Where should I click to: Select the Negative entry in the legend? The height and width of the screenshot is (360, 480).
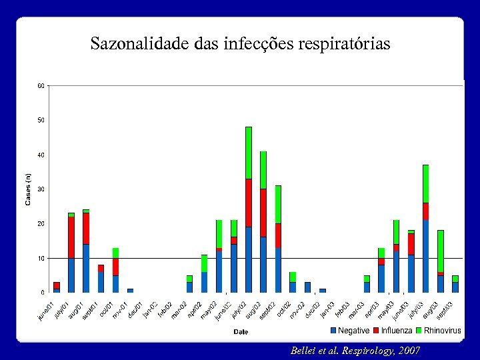pyautogui.click(x=353, y=331)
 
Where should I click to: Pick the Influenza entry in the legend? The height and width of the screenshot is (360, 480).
pyautogui.click(x=396, y=331)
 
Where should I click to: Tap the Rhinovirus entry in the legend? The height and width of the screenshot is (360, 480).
pyautogui.click(x=442, y=331)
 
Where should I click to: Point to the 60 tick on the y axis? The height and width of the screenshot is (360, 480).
pyautogui.click(x=41, y=86)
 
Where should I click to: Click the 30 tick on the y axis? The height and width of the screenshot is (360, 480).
pyautogui.click(x=41, y=189)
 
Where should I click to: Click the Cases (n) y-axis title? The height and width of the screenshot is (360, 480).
pyautogui.click(x=28, y=189)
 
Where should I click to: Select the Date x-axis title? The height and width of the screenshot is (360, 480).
pyautogui.click(x=241, y=331)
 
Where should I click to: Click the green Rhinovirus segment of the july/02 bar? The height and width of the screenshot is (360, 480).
pyautogui.click(x=249, y=153)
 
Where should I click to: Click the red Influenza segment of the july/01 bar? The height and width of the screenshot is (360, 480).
pyautogui.click(x=71, y=237)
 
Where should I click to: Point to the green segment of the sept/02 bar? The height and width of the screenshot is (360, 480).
pyautogui.click(x=278, y=204)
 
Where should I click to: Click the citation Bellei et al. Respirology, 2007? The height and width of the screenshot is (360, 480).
pyautogui.click(x=355, y=350)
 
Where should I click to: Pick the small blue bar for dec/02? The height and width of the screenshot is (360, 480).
pyautogui.click(x=307, y=287)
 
